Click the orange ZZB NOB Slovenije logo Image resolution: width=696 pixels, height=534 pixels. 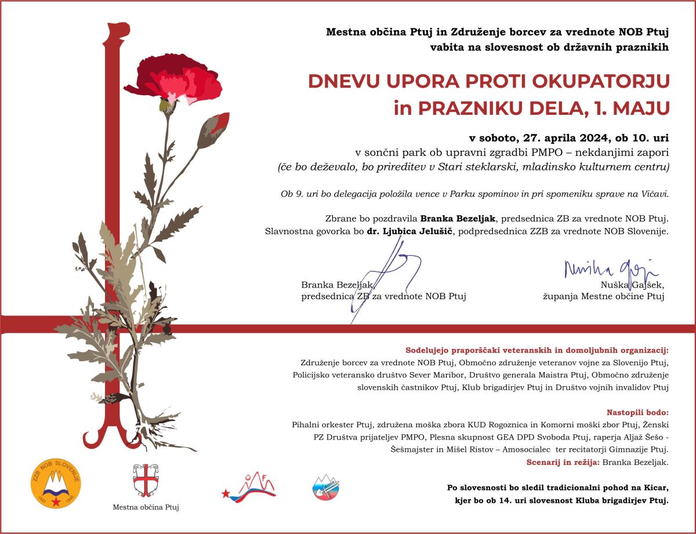56,483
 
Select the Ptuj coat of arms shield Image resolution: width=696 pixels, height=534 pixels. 146,479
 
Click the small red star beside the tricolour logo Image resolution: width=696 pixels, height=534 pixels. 225,493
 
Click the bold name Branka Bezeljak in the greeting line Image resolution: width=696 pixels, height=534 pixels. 458,219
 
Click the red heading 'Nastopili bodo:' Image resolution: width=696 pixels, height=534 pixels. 637,413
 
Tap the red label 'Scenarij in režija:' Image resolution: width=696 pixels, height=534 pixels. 563,462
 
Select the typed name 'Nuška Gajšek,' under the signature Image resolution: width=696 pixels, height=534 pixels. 632,285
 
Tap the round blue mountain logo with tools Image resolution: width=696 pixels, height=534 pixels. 326,488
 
